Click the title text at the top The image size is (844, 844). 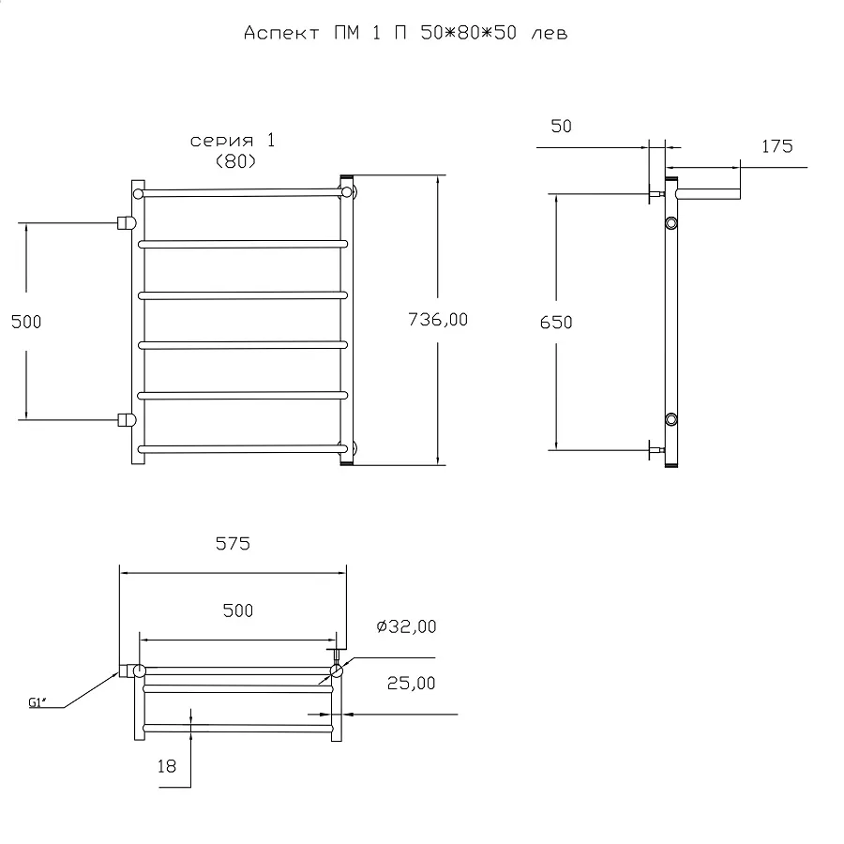pyautogui.click(x=405, y=33)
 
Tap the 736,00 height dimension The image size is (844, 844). pyautogui.click(x=438, y=320)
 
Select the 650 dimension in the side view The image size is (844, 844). pyautogui.click(x=556, y=323)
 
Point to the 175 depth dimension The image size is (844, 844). pyautogui.click(x=776, y=146)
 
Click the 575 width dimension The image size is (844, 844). pyautogui.click(x=233, y=544)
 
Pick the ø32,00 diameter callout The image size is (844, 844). pyautogui.click(x=406, y=626)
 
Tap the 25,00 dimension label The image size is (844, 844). pyautogui.click(x=411, y=683)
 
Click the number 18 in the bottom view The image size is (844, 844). pyautogui.click(x=167, y=766)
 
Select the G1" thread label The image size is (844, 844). pyautogui.click(x=38, y=702)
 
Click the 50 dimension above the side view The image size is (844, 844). pyautogui.click(x=561, y=126)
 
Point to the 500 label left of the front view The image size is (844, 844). pyautogui.click(x=26, y=322)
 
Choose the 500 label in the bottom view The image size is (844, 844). pyautogui.click(x=237, y=610)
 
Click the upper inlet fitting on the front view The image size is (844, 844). pyautogui.click(x=127, y=222)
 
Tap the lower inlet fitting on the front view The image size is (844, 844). pyautogui.click(x=127, y=420)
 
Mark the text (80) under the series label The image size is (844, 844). pyautogui.click(x=235, y=161)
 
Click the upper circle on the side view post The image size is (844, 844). pyautogui.click(x=671, y=222)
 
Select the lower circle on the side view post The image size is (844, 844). pyautogui.click(x=671, y=419)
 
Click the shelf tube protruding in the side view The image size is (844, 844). pyautogui.click(x=708, y=194)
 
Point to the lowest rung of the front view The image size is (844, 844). pyautogui.click(x=242, y=448)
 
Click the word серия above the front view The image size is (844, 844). pyautogui.click(x=221, y=141)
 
